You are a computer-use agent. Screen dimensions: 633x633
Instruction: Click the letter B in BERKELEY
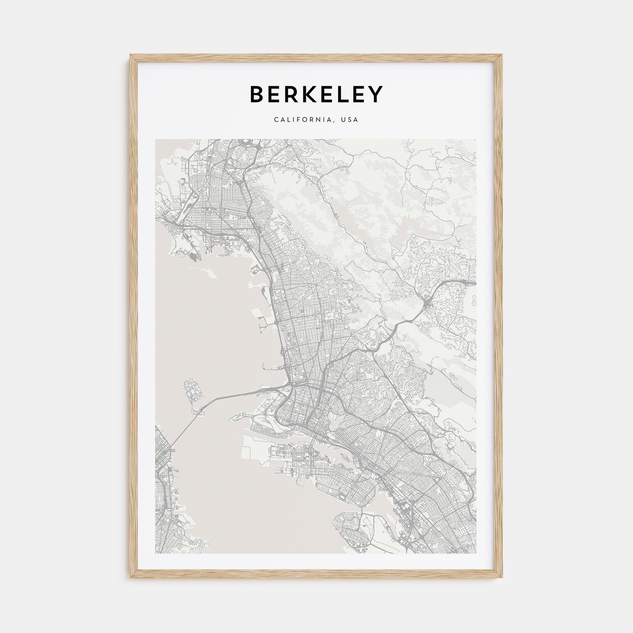click(x=258, y=94)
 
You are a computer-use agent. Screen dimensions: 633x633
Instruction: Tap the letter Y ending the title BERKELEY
click(x=375, y=94)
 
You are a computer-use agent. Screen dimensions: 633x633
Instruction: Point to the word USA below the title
click(x=349, y=120)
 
